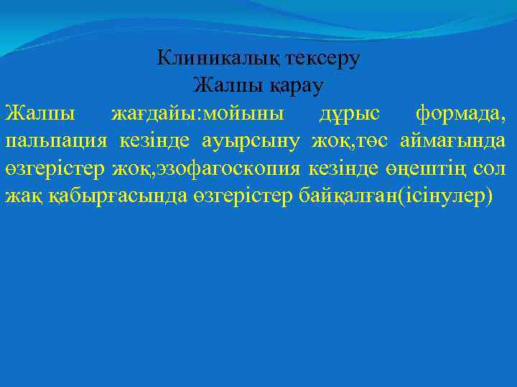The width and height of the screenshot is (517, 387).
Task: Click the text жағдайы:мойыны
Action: [x=197, y=113]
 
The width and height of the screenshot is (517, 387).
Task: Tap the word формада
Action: [x=460, y=113]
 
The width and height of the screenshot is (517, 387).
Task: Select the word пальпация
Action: [x=57, y=141]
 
